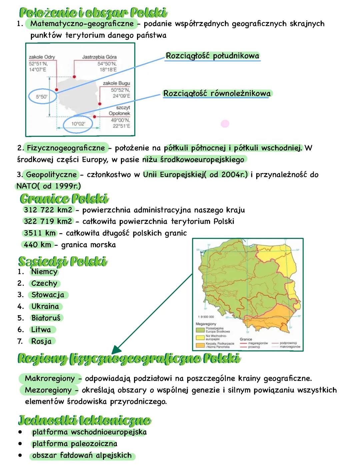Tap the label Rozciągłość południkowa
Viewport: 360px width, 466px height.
click(x=212, y=56)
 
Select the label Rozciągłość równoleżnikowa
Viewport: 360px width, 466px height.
click(x=217, y=93)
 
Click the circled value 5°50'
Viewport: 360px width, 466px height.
click(x=42, y=97)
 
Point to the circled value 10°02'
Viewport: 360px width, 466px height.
click(x=78, y=124)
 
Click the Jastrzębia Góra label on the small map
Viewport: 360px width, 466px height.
click(x=99, y=57)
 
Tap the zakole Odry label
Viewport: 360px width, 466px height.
click(x=42, y=57)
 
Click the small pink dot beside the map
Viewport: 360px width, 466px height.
click(x=225, y=124)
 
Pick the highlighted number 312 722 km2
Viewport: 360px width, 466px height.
click(x=48, y=210)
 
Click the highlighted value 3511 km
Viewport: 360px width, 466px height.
click(x=39, y=233)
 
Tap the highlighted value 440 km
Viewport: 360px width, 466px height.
click(x=37, y=245)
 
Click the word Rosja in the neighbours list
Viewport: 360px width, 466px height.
click(x=41, y=341)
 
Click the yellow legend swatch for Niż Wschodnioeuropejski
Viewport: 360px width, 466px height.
click(x=200, y=337)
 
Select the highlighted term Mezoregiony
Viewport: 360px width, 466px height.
click(x=48, y=390)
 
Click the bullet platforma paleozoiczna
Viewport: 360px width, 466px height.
click(x=74, y=444)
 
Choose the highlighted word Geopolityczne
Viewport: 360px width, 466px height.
click(x=51, y=174)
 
